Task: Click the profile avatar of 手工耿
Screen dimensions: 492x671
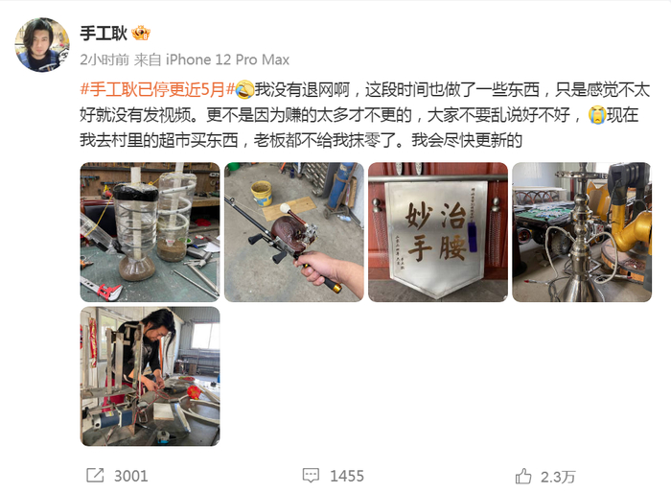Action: [x=42, y=44]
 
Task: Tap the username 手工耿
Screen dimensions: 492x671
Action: [x=104, y=34]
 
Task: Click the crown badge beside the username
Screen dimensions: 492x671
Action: [x=141, y=34]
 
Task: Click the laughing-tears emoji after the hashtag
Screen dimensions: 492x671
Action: [x=243, y=90]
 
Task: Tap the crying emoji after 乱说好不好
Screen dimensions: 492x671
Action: [x=596, y=115]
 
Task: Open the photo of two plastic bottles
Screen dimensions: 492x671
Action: [x=150, y=232]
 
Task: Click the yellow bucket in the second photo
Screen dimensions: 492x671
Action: [x=262, y=192]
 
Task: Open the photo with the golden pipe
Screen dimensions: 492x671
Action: [x=582, y=232]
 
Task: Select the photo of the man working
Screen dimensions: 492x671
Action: [x=150, y=376]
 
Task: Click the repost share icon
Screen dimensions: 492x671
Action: [x=95, y=476]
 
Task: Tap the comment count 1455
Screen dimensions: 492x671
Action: [x=347, y=476]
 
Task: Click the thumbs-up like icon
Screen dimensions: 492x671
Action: [x=523, y=476]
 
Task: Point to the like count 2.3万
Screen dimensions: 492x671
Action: [x=558, y=476]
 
